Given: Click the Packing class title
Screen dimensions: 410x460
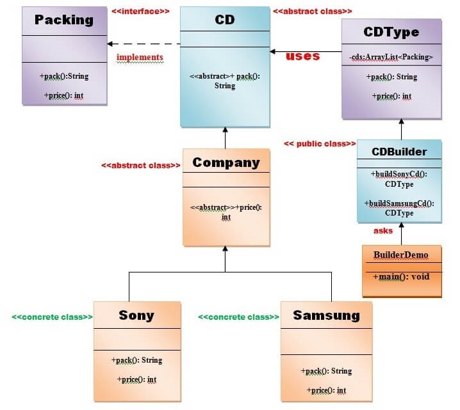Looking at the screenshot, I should (64, 20).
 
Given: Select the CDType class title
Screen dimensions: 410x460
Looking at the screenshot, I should (391, 31).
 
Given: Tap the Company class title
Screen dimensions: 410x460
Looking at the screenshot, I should (226, 162).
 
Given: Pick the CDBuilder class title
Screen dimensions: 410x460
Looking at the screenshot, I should (399, 151).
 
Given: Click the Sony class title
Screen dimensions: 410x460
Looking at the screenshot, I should (136, 315).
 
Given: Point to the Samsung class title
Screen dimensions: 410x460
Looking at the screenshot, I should (326, 315).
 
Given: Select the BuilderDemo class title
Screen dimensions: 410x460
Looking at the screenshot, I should (401, 255).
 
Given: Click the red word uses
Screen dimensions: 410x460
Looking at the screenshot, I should (302, 56).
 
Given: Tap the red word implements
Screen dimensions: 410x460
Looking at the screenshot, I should (140, 58).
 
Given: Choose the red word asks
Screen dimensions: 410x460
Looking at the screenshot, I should (383, 231).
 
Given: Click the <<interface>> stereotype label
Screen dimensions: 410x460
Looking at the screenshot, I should (140, 12).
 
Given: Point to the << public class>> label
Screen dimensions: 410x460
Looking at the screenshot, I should (320, 143).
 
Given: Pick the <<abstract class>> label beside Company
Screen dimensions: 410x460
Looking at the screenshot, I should (140, 165).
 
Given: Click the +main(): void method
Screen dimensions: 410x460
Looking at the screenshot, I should (402, 276).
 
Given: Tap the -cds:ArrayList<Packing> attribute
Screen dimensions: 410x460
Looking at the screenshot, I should (391, 57).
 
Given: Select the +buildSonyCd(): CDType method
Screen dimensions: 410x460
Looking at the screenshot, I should (399, 178).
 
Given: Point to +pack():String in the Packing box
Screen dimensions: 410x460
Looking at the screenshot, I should (64, 76).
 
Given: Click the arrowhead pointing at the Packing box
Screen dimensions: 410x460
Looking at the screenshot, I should (111, 44).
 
